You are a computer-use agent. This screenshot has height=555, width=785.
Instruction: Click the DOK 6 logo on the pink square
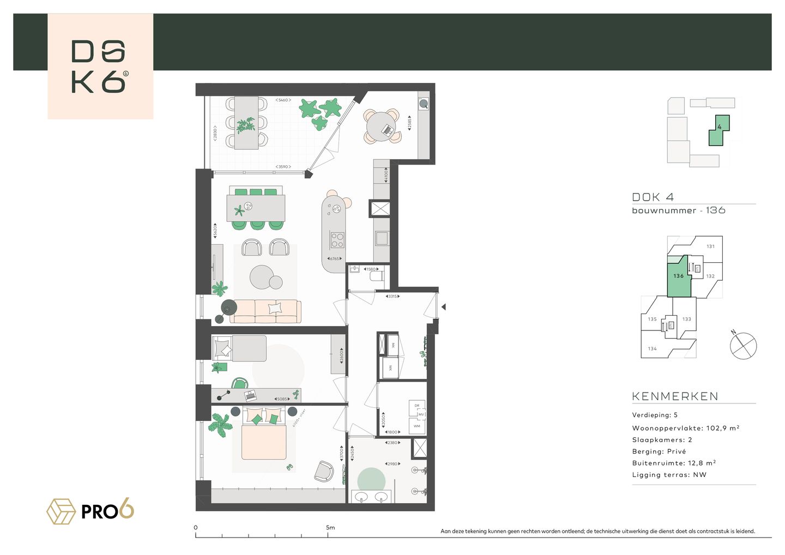[x=100, y=67]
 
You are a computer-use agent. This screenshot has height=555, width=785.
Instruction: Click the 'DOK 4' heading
[x=653, y=197]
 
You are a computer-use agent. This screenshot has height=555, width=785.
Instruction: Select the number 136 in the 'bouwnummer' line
[x=715, y=210]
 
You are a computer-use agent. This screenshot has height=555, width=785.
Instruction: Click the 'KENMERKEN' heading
[x=675, y=396]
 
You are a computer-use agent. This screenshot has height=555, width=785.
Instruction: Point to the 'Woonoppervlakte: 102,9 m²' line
[x=685, y=428]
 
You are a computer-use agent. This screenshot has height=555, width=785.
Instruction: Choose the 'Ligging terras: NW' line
[x=669, y=475]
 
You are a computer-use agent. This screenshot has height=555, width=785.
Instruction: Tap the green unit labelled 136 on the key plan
[x=678, y=278]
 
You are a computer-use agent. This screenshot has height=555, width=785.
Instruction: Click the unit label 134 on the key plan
[x=652, y=348]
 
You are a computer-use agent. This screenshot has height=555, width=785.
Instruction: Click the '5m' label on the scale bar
[x=330, y=527]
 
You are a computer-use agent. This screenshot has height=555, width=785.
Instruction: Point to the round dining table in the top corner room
[x=383, y=127]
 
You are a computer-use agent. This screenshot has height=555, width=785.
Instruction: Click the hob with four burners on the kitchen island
[x=337, y=240]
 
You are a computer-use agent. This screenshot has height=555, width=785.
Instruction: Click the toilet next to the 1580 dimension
[x=377, y=276]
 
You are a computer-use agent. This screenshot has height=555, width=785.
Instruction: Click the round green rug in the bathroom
[x=371, y=480]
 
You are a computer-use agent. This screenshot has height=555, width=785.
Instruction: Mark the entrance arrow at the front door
[x=443, y=307]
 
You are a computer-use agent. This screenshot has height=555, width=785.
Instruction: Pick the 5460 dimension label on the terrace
[x=283, y=100]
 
